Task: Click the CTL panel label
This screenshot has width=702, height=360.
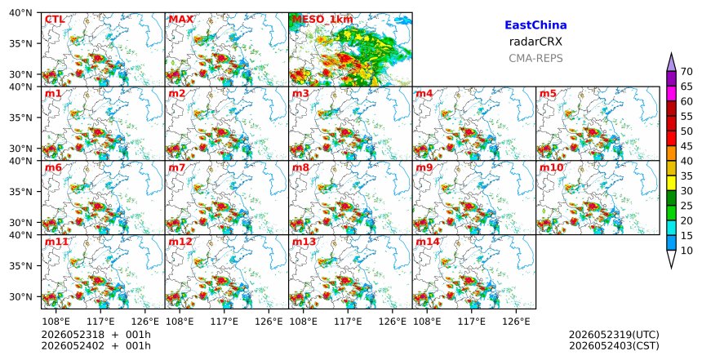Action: click(55, 20)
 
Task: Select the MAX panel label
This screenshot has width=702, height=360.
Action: click(181, 20)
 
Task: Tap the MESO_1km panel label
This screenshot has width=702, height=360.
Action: click(322, 20)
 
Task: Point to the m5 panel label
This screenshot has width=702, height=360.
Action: click(548, 94)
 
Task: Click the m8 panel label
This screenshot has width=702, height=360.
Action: click(300, 167)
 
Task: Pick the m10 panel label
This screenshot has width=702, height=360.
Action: click(551, 167)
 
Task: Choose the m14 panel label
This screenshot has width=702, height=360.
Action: click(428, 242)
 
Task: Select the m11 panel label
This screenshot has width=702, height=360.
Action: click(56, 242)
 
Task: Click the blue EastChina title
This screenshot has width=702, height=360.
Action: click(535, 25)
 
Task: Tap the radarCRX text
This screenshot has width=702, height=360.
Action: click(535, 42)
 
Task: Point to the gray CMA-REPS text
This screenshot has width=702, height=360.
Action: click(535, 58)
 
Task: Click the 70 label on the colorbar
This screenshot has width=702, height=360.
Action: click(686, 72)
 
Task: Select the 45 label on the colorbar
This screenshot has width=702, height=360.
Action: click(686, 146)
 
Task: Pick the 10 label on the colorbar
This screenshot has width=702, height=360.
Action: click(686, 251)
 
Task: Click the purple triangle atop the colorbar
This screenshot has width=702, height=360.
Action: click(671, 63)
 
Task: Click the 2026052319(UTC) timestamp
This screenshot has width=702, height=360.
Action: click(614, 335)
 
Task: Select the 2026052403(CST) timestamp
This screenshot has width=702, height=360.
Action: click(614, 345)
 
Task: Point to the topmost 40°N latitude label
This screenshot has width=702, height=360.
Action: click(20, 12)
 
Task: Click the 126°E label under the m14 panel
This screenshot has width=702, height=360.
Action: click(516, 321)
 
